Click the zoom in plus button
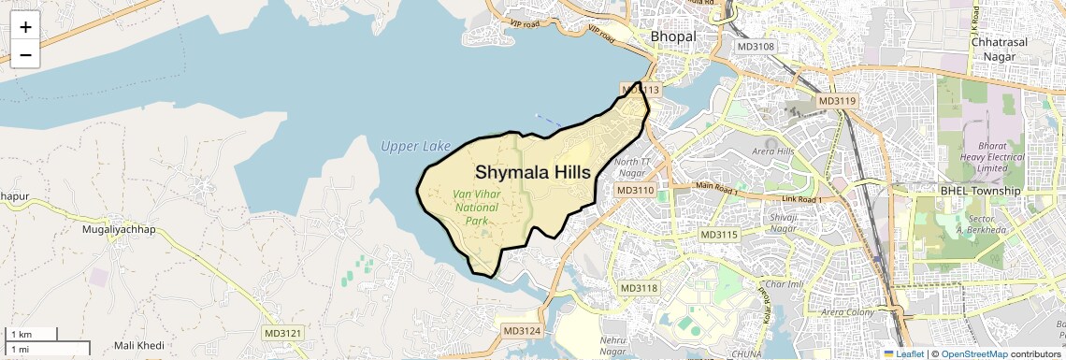point(25,28)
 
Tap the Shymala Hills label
point(533,173)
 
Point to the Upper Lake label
point(415,146)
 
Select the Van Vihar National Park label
point(475,208)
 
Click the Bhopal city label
point(673,36)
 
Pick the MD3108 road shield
point(756,46)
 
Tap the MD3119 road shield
point(836,101)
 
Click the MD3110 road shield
point(636,190)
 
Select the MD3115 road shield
point(718,235)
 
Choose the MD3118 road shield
point(639,288)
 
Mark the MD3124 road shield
point(522,331)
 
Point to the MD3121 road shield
point(283,333)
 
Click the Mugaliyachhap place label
point(119,229)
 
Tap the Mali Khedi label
point(138,346)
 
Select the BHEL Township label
point(980,191)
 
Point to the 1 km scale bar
point(32,334)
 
